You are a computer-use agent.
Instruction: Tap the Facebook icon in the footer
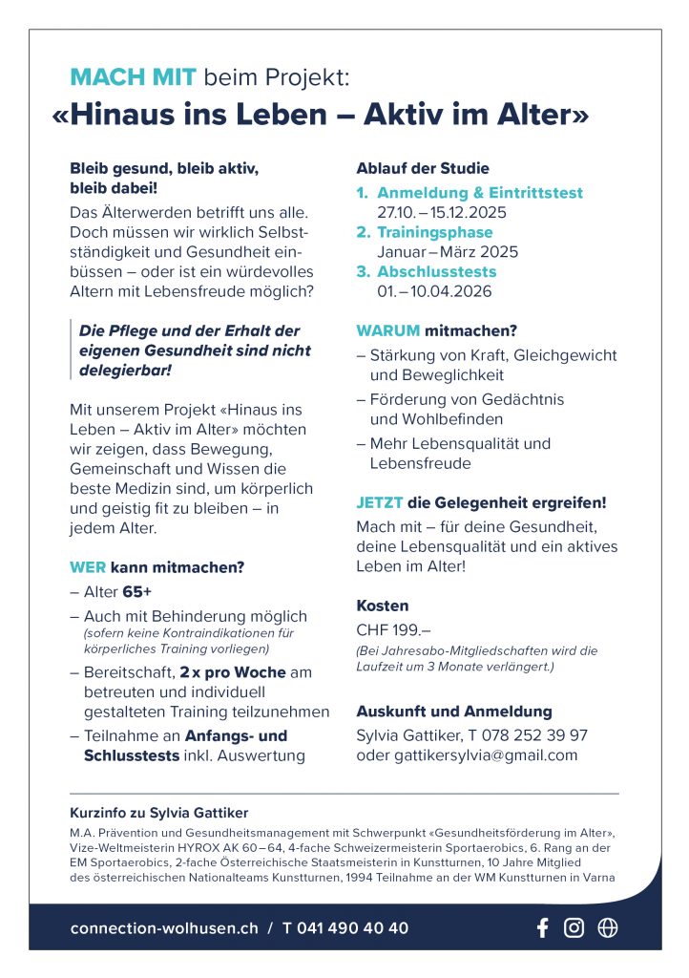tap(543, 927)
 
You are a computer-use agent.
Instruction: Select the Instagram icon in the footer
tap(574, 927)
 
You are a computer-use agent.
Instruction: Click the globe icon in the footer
tap(607, 927)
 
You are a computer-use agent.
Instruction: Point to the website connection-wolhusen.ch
tap(163, 928)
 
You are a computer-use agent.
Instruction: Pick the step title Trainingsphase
tap(435, 232)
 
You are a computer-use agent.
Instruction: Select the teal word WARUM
tap(387, 331)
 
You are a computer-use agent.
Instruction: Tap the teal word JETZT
tap(380, 502)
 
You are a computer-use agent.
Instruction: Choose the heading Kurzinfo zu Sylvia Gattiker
tap(158, 813)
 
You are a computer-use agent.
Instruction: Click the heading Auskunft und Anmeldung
tap(454, 712)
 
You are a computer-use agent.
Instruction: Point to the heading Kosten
tap(382, 606)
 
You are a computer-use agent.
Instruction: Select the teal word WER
tap(88, 567)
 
